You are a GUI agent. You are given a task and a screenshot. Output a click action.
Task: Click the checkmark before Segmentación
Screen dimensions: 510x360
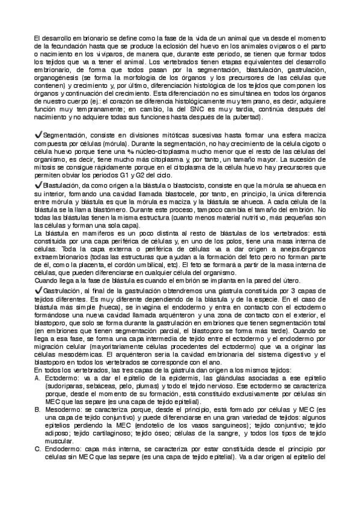pyautogui.click(x=38, y=136)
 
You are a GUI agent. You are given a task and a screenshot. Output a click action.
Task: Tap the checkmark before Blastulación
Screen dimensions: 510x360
pyautogui.click(x=38, y=186)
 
